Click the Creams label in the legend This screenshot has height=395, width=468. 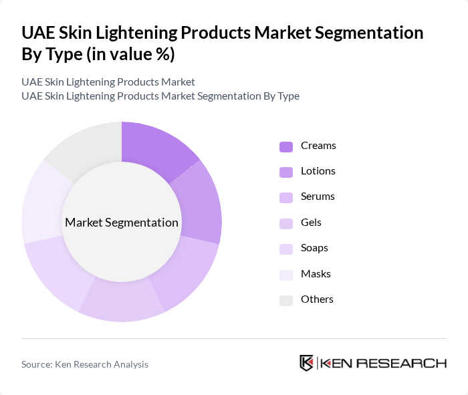click(x=318, y=146)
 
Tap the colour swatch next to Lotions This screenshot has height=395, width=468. click(x=286, y=172)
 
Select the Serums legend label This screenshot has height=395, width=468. click(x=318, y=196)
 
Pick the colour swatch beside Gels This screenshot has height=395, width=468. click(x=286, y=223)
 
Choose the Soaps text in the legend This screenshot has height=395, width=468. click(x=314, y=248)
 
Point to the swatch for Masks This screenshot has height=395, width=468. click(x=286, y=275)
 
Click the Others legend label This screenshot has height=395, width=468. click(x=317, y=299)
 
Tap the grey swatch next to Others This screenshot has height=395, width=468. click(x=286, y=300)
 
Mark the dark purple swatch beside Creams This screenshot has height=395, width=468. click(x=286, y=146)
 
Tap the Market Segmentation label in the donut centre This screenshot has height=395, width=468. click(x=122, y=223)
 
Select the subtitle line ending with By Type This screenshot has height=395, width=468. click(x=160, y=96)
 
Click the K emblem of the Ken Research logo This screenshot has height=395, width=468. click(x=306, y=363)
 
